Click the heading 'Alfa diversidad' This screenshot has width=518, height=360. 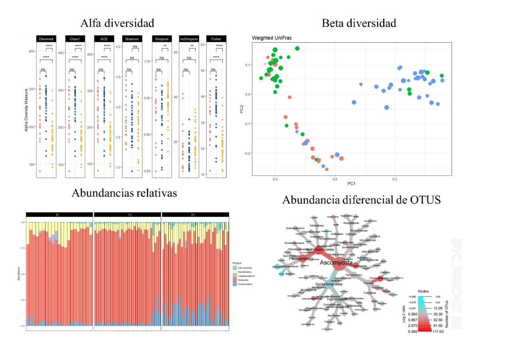tap(118, 23)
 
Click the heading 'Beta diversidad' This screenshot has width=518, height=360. tap(358, 23)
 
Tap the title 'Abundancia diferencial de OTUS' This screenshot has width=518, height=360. tap(361, 200)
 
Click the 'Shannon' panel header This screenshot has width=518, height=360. tap(131, 38)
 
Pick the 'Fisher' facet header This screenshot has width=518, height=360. tap(216, 38)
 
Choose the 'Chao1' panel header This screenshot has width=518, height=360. tap(75, 38)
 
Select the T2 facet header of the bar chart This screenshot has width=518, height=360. tap(127, 215)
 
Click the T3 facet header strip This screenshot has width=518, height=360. tap(195, 215)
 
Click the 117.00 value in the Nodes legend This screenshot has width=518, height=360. tap(437, 332)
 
